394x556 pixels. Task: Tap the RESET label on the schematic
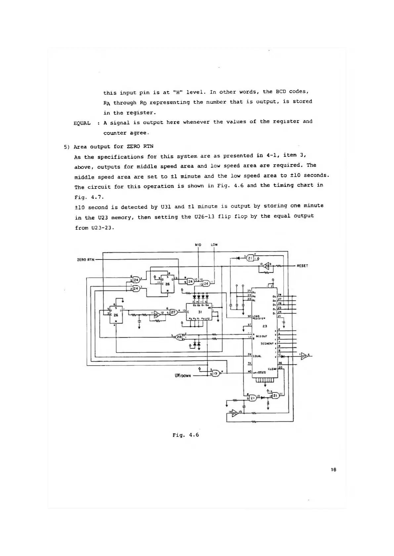[302, 265]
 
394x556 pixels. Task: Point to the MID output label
[198, 245]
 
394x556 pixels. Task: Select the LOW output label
[214, 245]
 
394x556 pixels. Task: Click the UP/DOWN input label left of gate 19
[183, 376]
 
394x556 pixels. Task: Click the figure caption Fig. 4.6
[186, 435]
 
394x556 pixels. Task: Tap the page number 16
[333, 469]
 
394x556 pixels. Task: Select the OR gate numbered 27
[173, 312]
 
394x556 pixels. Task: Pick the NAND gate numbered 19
[216, 373]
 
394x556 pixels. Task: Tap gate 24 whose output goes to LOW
[206, 283]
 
